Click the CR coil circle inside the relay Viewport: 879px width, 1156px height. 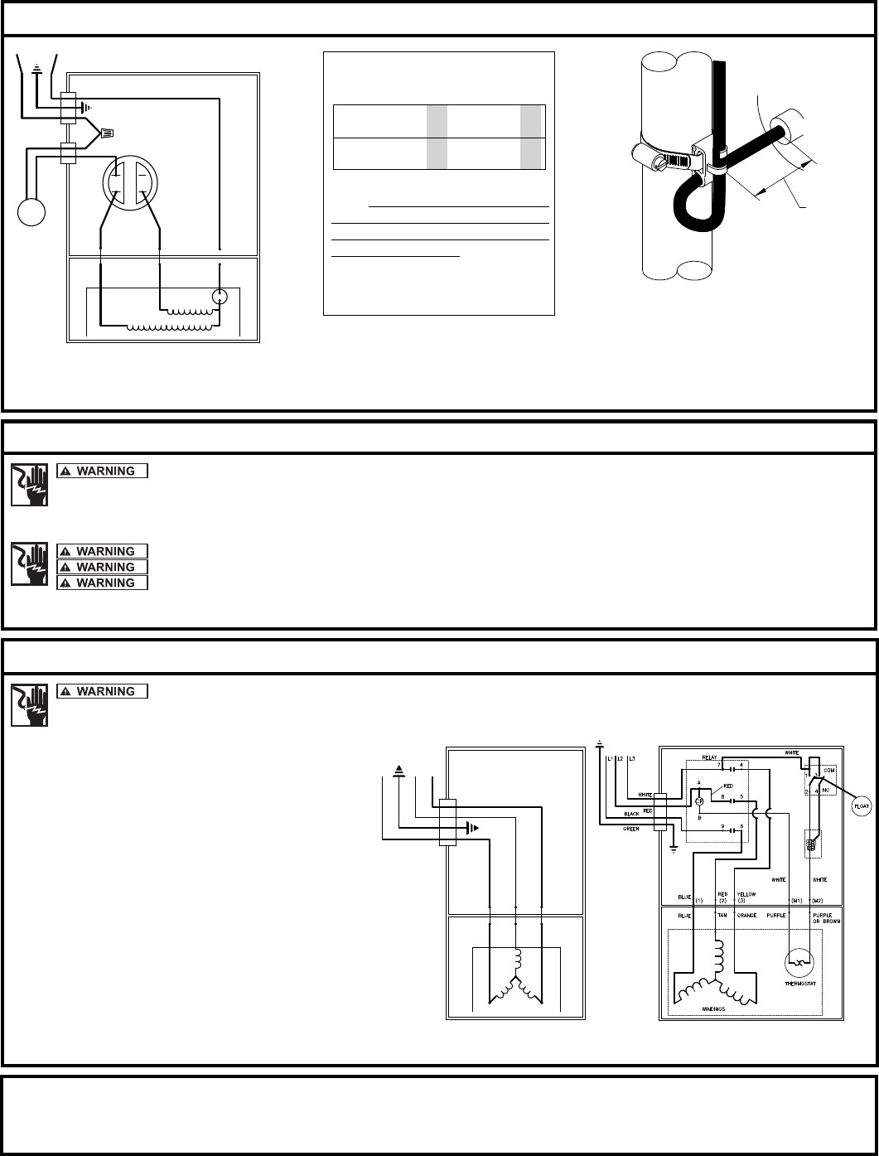coord(699,801)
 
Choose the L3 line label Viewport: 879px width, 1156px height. coord(633,759)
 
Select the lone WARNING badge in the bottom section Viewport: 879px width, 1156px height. coord(102,691)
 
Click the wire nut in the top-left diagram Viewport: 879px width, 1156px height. coord(106,132)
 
